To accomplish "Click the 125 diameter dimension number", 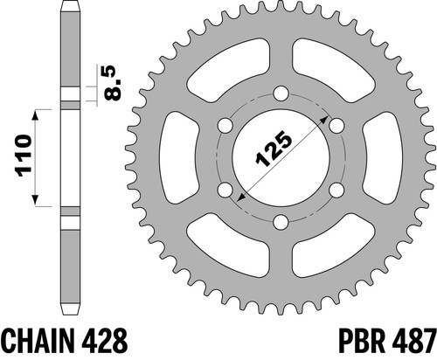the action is tap(274, 149).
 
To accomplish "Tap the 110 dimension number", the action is tap(24, 156).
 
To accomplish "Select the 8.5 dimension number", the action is tap(113, 83).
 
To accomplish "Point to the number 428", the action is tap(104, 341).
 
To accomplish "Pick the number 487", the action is tap(413, 341).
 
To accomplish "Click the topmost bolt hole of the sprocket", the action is tap(281, 94).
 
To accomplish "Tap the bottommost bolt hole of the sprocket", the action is tap(281, 222).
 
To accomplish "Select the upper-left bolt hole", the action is tap(225, 126).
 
